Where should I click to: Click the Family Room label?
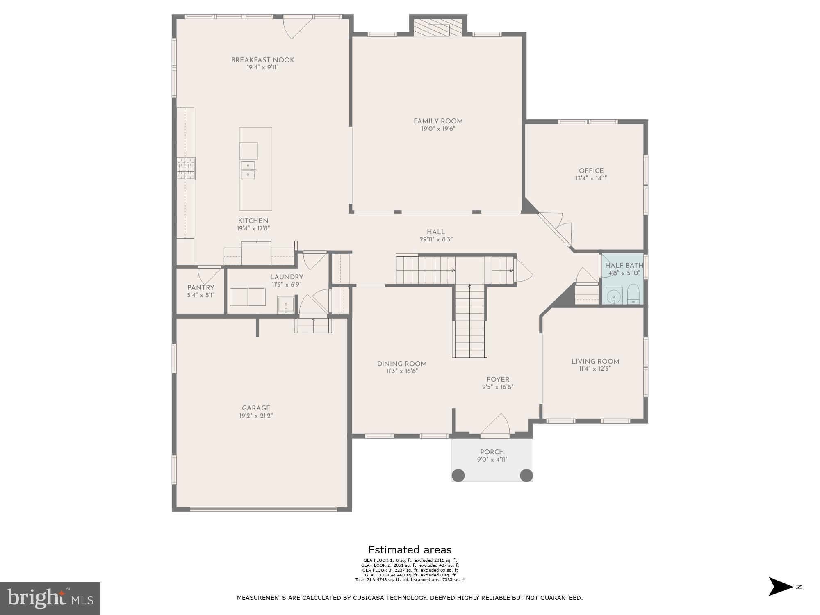(x=438, y=121)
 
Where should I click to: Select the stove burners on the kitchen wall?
(x=186, y=169)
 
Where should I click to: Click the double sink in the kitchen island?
(x=248, y=170)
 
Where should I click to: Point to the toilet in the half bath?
(x=633, y=294)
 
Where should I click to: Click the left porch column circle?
(x=458, y=475)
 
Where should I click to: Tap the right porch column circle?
(x=526, y=475)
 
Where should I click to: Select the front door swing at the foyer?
(x=497, y=424)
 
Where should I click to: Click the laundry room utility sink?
(x=286, y=305)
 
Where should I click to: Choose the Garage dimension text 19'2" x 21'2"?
(x=256, y=415)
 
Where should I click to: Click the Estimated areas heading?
(x=410, y=550)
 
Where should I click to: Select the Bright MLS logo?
(x=50, y=598)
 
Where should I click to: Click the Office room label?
(x=591, y=171)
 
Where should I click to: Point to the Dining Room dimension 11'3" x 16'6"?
(x=401, y=371)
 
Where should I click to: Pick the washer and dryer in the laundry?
(x=247, y=297)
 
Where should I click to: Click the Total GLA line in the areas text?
(x=410, y=580)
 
